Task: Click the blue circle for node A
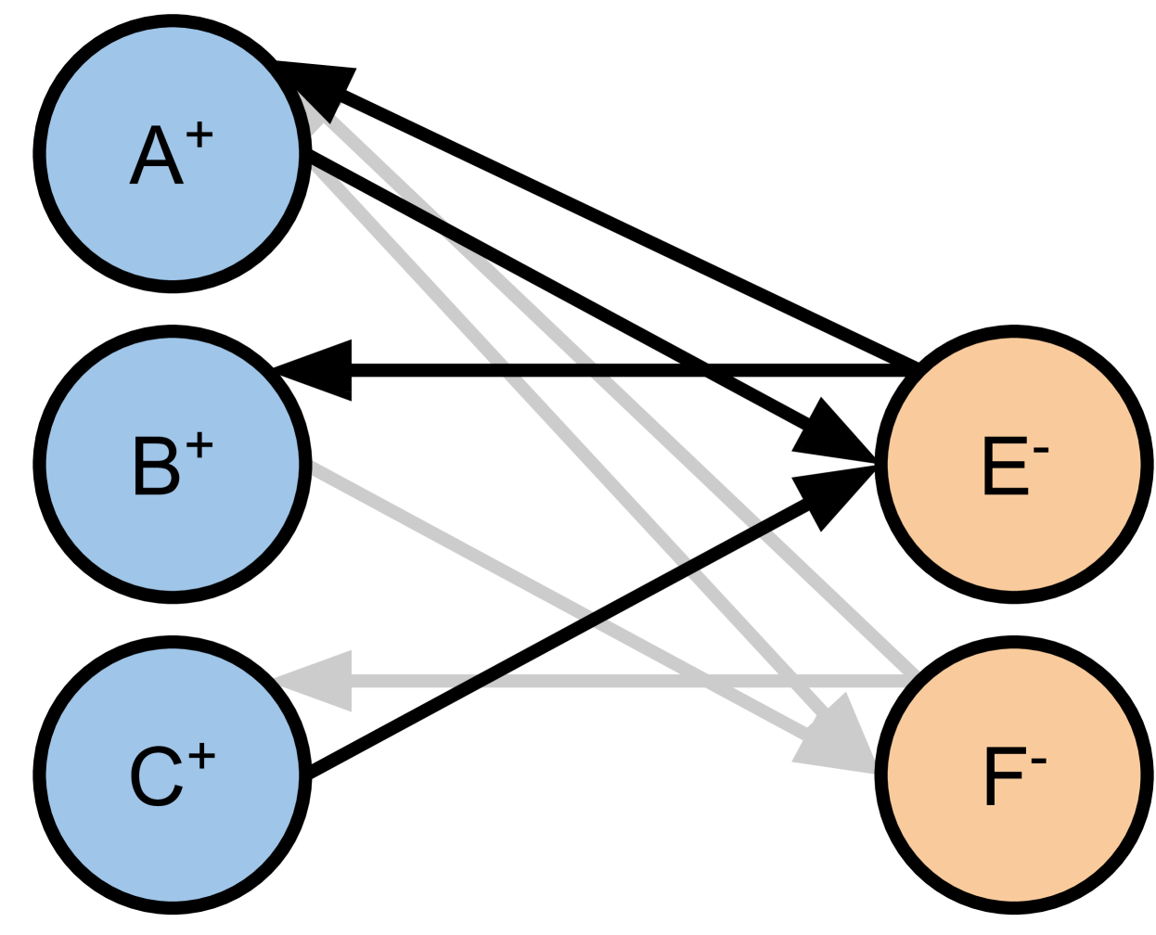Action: point(111,213)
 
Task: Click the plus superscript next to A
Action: point(199,135)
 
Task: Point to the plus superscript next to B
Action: point(199,446)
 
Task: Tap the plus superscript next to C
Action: point(201,758)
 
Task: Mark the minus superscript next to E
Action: point(1040,452)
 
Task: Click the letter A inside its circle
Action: point(156,156)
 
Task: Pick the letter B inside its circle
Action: point(156,467)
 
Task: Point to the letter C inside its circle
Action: point(156,777)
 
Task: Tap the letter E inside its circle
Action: point(1004,467)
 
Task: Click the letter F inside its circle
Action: point(1002,777)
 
